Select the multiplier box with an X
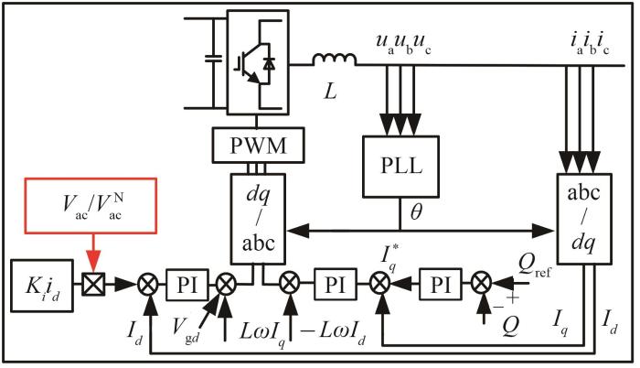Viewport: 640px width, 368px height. (x=90, y=284)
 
